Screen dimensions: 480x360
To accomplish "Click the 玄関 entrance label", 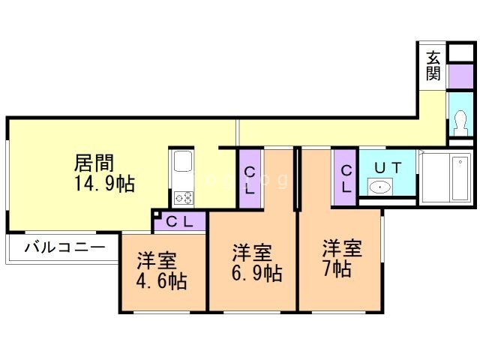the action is pyautogui.click(x=433, y=65).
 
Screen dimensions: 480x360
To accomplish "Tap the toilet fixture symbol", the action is pyautogui.click(x=461, y=122).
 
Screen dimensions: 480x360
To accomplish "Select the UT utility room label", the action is pyautogui.click(x=388, y=168).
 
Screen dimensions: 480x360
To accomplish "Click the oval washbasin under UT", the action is pyautogui.click(x=380, y=187).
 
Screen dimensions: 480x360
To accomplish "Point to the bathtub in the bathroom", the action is pyautogui.click(x=460, y=178).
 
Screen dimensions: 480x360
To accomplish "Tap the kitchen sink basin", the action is pyautogui.click(x=183, y=161).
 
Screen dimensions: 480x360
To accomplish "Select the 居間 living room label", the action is pyautogui.click(x=94, y=163).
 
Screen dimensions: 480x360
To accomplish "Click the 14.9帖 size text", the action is pyautogui.click(x=105, y=184).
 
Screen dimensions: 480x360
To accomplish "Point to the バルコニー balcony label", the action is pyautogui.click(x=65, y=247).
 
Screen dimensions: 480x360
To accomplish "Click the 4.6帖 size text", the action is pyautogui.click(x=161, y=280).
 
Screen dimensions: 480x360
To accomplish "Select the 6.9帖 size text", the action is pyautogui.click(x=256, y=273).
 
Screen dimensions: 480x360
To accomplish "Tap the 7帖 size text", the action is pyautogui.click(x=337, y=268).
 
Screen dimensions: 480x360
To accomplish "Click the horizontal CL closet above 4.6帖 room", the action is pyautogui.click(x=180, y=221).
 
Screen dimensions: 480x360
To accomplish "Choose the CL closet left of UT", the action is pyautogui.click(x=346, y=178).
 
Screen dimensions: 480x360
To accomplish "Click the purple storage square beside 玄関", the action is pyautogui.click(x=461, y=76).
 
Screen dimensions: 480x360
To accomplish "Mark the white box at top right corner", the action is pyautogui.click(x=461, y=52).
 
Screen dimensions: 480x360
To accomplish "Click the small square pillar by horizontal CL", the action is pyautogui.click(x=156, y=214).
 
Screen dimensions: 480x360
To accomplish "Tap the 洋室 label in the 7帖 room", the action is pyautogui.click(x=342, y=248).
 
